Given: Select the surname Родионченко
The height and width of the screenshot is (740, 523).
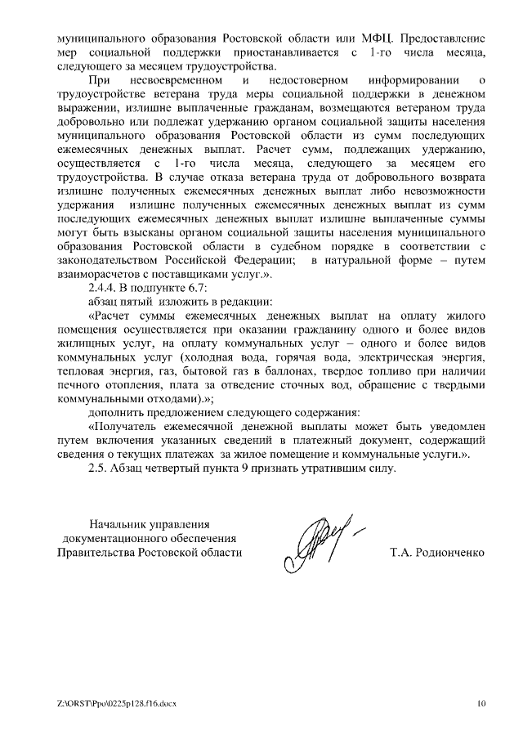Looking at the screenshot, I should pyautogui.click(x=448, y=554).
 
